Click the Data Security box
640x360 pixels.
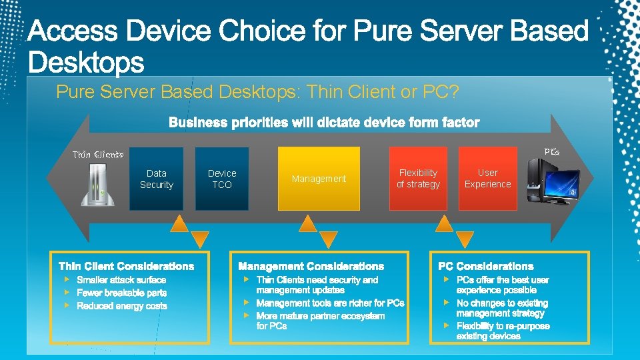coord(156,179)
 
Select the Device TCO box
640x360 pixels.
coord(222,179)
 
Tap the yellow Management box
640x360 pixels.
coord(319,179)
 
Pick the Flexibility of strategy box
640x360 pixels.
coord(418,179)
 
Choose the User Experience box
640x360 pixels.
coord(487,179)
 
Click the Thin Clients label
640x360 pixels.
coord(98,155)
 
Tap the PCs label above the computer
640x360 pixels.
coord(551,152)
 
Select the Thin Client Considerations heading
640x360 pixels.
coord(126,267)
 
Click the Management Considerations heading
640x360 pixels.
coord(311,267)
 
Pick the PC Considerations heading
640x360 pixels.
coord(485,267)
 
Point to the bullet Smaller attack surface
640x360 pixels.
coord(121,280)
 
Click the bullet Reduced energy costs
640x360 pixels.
coord(122,306)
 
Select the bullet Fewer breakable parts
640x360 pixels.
coord(122,293)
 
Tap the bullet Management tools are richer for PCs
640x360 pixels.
coord(330,303)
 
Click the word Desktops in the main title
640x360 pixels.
coord(86,63)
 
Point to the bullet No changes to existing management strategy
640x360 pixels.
coord(501,308)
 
